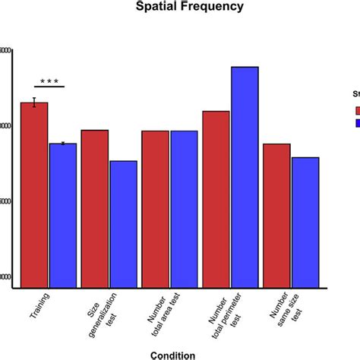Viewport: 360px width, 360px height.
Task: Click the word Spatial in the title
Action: coord(156,8)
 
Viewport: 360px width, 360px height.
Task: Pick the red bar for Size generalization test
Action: coord(95,209)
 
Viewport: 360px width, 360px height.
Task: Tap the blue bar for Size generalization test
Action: coord(123,224)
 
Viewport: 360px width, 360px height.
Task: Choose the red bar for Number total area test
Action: coord(156,209)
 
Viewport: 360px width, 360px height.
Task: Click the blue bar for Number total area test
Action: coord(184,209)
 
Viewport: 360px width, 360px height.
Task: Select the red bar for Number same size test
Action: coord(277,216)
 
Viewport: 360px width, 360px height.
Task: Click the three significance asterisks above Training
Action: coord(49,80)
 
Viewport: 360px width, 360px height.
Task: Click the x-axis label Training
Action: coord(37,308)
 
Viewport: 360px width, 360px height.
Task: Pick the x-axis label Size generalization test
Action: coord(96,315)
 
